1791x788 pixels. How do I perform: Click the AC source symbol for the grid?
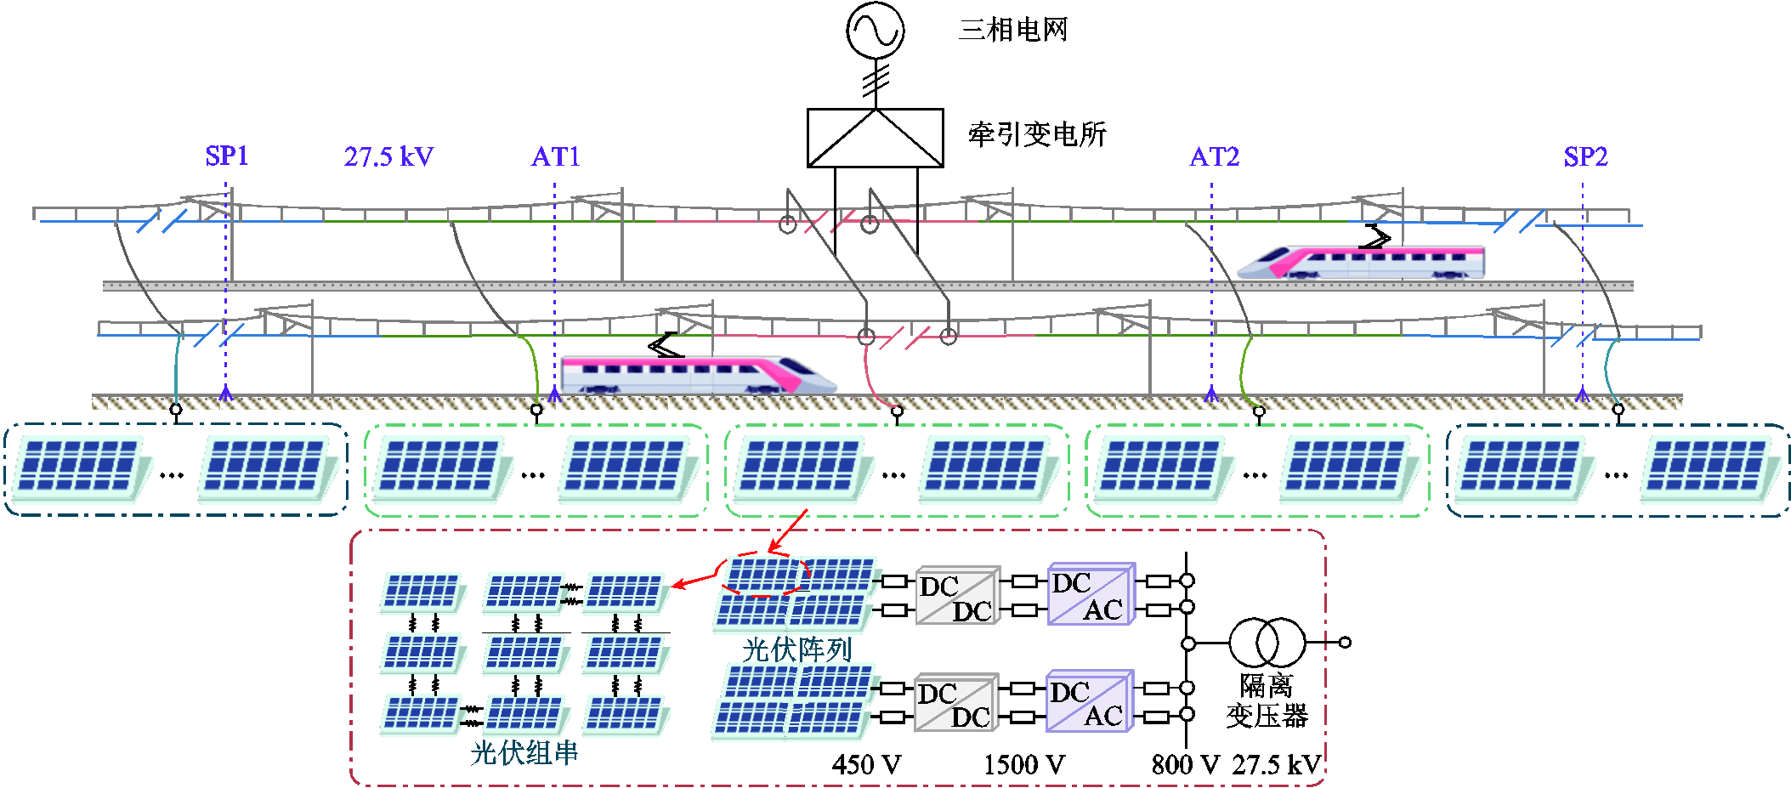(875, 31)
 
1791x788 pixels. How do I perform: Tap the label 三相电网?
(1012, 31)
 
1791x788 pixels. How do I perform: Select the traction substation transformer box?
(875, 138)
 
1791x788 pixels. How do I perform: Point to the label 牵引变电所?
(1037, 134)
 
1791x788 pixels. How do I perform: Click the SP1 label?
(227, 156)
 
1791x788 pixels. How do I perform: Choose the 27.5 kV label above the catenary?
(388, 157)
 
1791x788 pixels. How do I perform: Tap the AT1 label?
(555, 157)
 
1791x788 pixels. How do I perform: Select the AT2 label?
(1214, 157)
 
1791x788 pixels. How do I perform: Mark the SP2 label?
(1585, 157)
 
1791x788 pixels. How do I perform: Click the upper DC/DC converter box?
(957, 597)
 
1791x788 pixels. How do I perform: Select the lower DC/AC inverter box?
(1090, 702)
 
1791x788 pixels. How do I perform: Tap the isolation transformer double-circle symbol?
(1266, 643)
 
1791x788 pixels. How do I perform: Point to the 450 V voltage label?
(866, 764)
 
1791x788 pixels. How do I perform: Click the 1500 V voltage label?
(1023, 764)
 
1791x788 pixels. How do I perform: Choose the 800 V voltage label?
(1185, 764)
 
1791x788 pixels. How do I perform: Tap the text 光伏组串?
(524, 752)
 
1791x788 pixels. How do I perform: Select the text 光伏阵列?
(796, 649)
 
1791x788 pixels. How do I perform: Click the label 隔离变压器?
(1266, 700)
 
